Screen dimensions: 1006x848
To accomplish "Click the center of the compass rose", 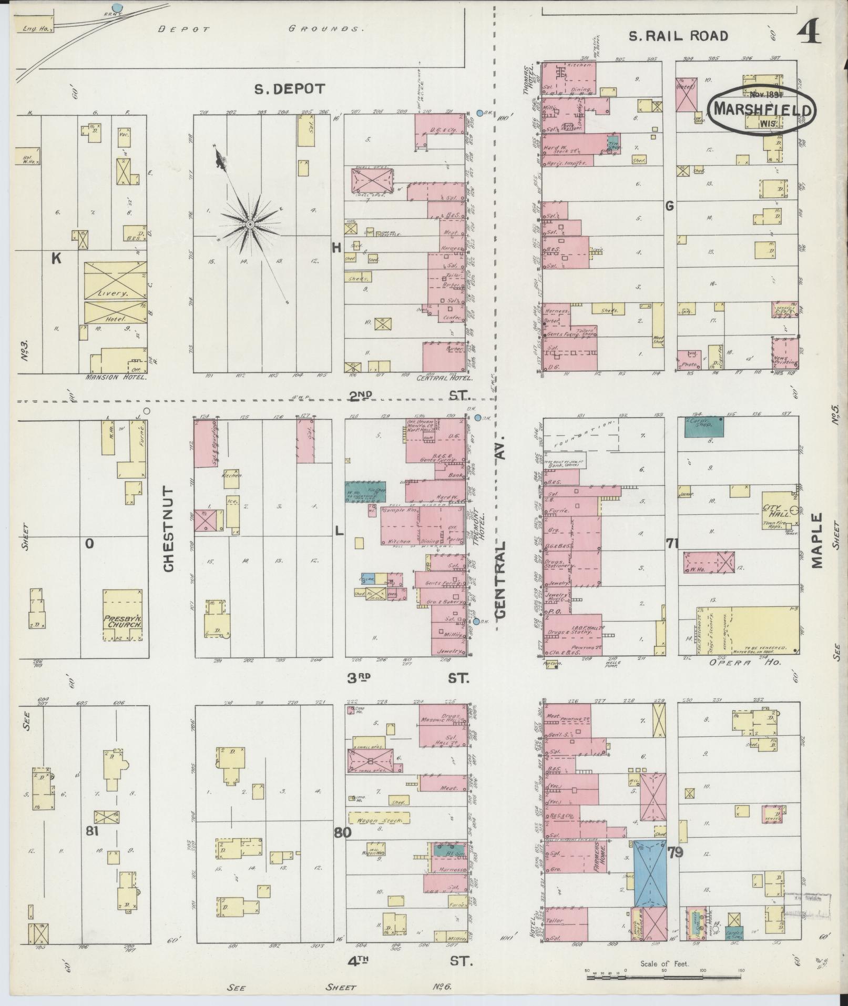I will [250, 225].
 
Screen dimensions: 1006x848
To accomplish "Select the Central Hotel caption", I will [445, 378].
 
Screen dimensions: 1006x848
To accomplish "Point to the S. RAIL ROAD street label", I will [679, 36].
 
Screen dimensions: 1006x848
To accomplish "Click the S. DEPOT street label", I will [290, 89].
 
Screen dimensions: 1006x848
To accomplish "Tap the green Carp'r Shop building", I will [703, 426].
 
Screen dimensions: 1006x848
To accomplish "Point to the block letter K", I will [56, 258].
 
